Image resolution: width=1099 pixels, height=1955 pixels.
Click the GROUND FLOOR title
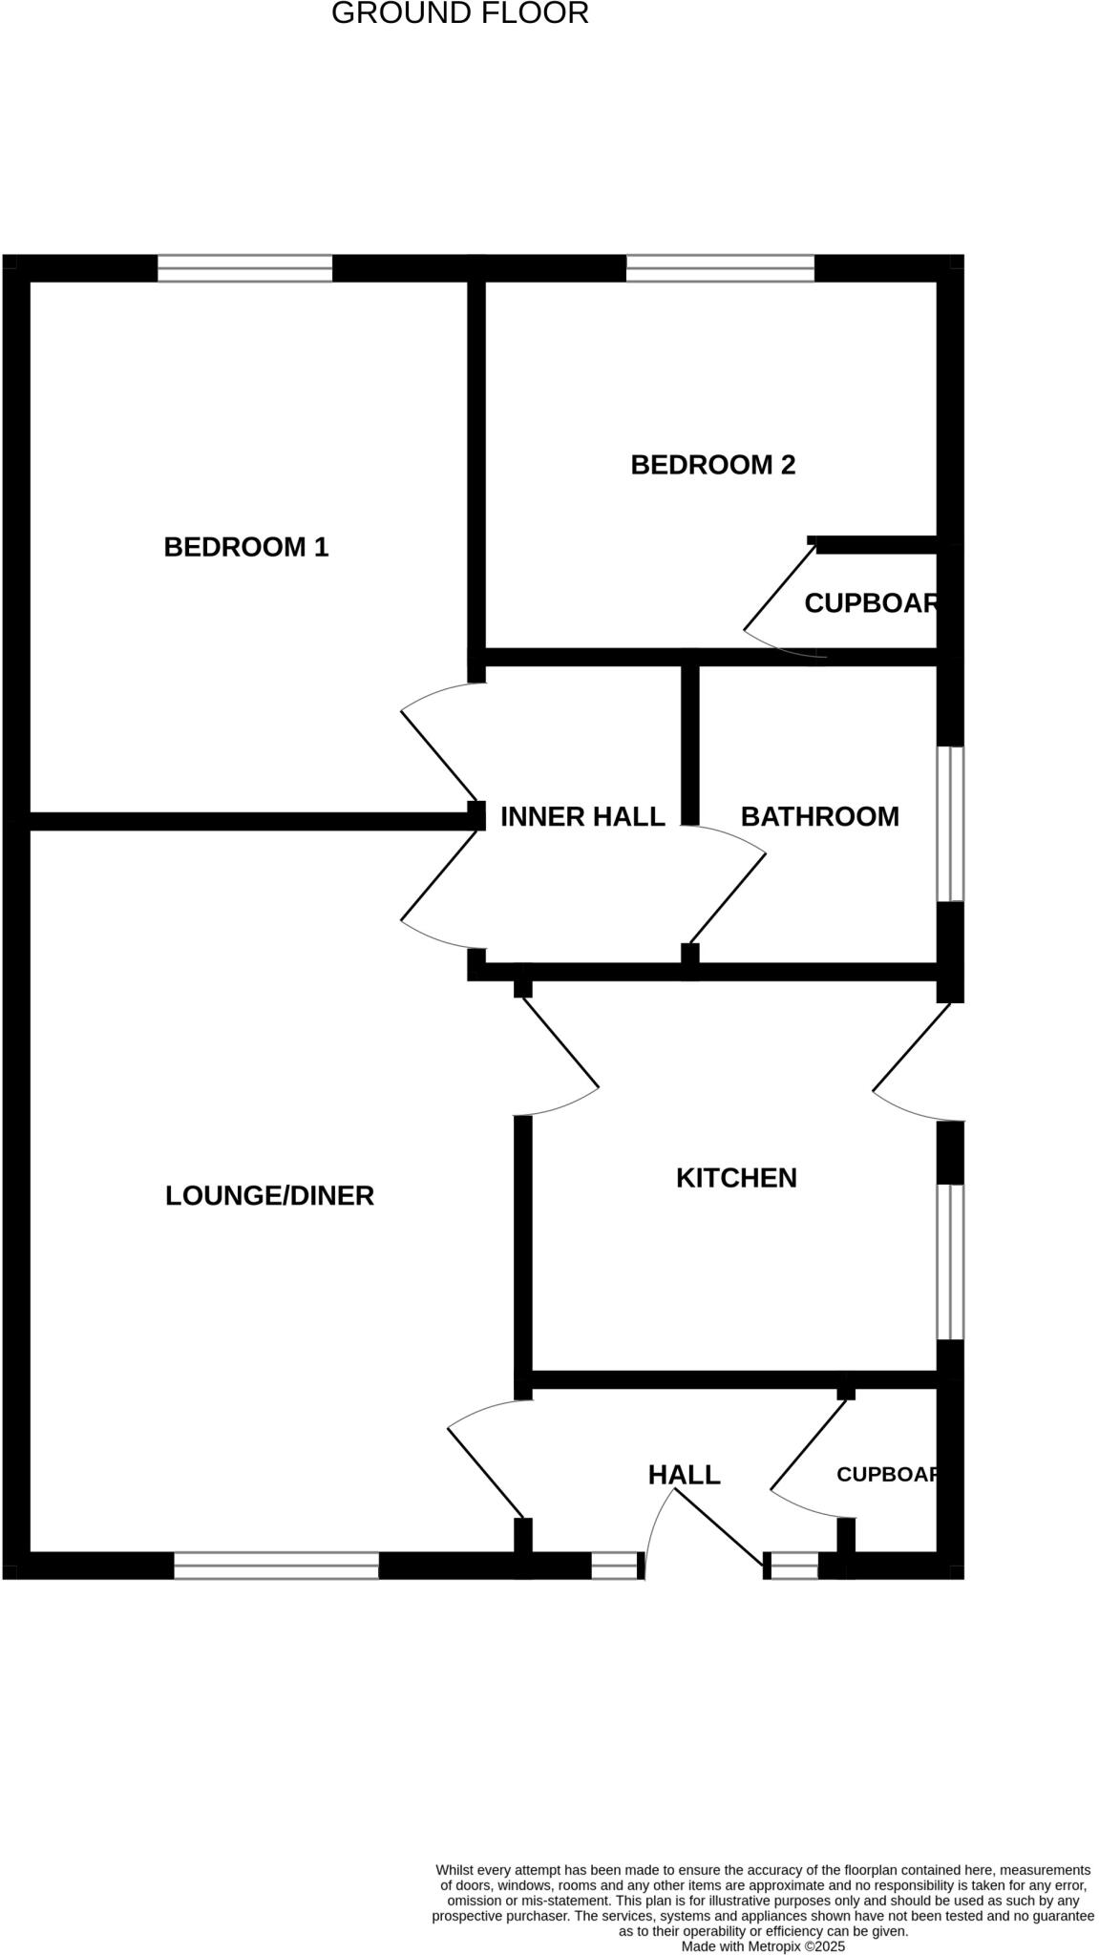(459, 13)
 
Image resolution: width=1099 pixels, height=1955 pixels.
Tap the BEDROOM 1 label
(246, 547)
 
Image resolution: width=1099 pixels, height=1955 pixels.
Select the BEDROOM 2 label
(713, 465)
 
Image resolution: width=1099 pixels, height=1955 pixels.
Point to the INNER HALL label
(582, 817)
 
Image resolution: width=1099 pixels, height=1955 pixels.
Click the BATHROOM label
(820, 817)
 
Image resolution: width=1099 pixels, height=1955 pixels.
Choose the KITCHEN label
(736, 1178)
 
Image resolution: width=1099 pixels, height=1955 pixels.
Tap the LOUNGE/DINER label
(269, 1195)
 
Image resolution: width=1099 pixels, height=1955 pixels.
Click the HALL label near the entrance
(685, 1475)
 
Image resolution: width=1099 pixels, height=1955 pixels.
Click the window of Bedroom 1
(245, 268)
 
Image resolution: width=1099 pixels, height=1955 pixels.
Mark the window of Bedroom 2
(720, 268)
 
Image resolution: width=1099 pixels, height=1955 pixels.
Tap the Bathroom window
(950, 824)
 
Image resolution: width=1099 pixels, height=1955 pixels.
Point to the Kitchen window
(950, 1262)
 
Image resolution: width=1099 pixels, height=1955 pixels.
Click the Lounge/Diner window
(277, 1566)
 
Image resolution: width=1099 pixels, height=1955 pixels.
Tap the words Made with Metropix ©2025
(763, 1945)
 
